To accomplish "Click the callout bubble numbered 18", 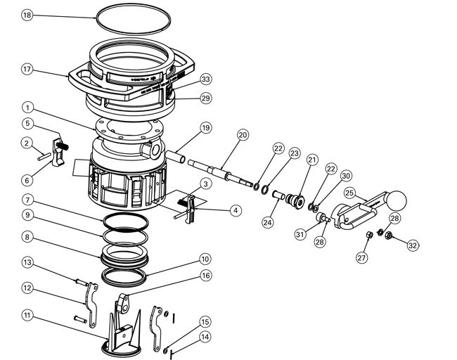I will click(27, 15).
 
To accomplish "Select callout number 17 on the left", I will click(27, 69).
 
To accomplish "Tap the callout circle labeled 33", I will click(205, 79).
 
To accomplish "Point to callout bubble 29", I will click(205, 98).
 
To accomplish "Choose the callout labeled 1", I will click(27, 108).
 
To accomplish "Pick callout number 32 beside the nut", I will click(412, 245).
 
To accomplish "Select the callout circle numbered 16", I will click(205, 276).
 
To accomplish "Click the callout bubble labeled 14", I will click(205, 337).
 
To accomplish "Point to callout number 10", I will click(205, 258).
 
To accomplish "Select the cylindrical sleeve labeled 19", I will click(175, 156).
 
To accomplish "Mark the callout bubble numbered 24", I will click(267, 222).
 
